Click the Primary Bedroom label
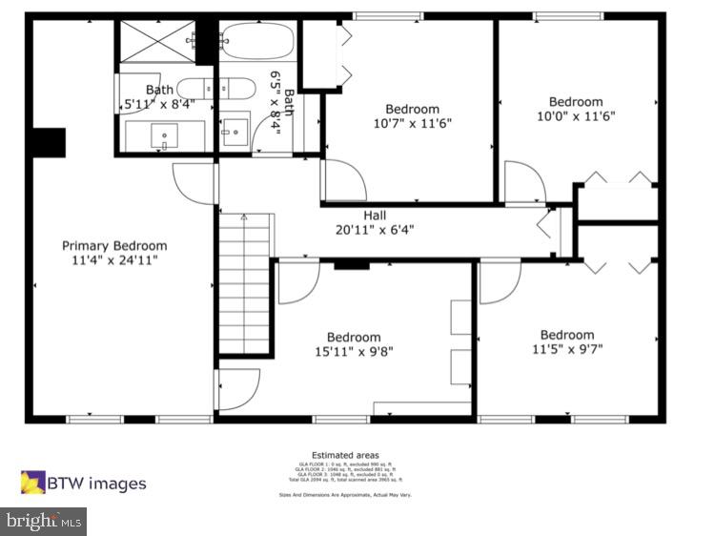114,245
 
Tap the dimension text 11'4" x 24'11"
114,259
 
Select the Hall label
375,216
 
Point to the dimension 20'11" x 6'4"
375,230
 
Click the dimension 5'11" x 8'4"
158,105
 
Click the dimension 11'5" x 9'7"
567,349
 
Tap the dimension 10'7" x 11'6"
412,123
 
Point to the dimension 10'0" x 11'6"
576,116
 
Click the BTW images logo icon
33,483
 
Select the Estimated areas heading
344,455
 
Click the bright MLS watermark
44,521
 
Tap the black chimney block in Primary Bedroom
47,142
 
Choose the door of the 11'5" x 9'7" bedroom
498,282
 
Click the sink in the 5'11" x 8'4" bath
165,137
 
